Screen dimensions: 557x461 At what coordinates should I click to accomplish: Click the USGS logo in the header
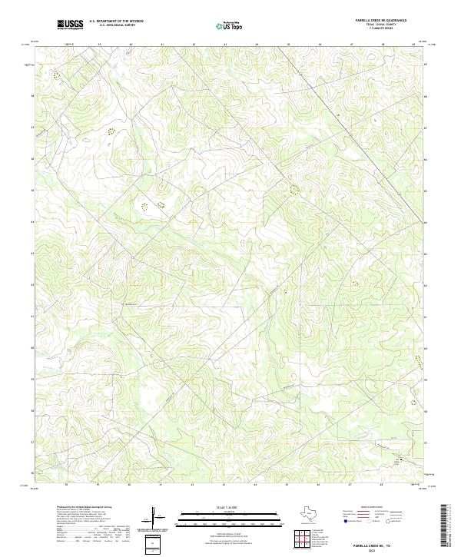point(71,25)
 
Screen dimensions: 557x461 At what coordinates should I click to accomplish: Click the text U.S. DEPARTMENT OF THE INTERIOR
point(116,22)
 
